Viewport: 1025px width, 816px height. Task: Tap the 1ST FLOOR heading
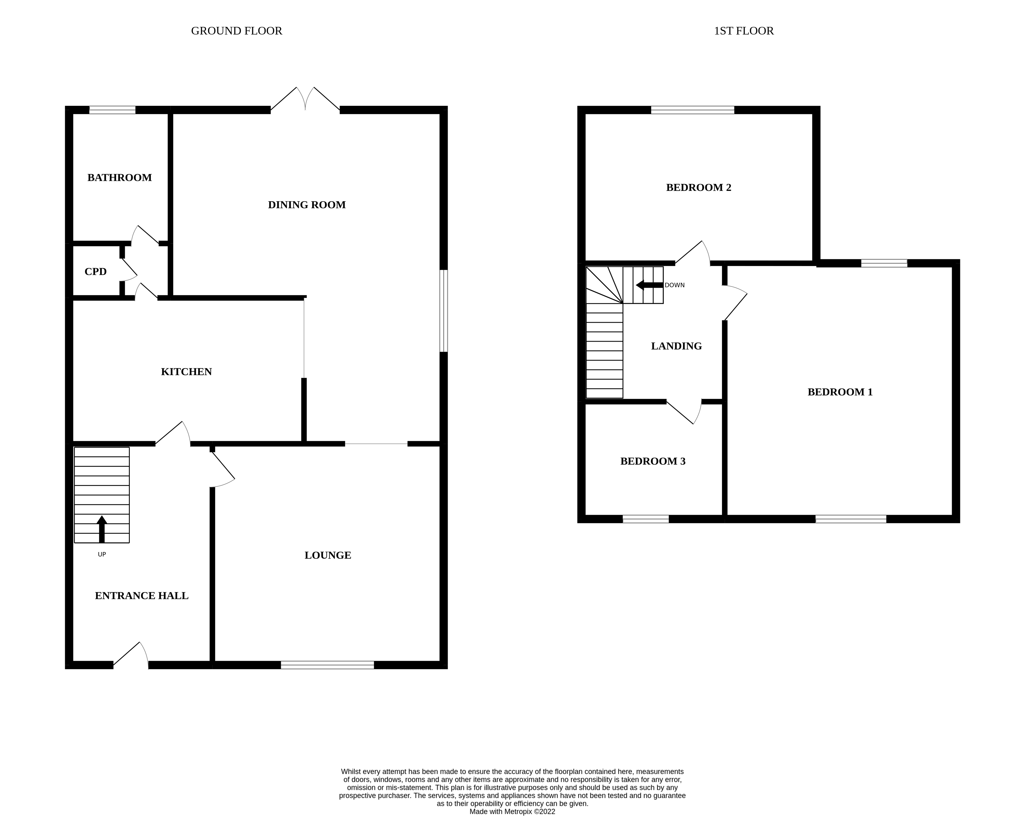point(744,31)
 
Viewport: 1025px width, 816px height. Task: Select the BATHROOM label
point(119,178)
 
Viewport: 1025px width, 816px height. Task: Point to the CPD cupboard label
point(96,272)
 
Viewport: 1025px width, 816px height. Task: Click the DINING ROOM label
point(307,205)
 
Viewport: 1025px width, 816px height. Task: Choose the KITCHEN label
point(186,372)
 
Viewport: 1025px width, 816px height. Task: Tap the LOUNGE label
point(328,555)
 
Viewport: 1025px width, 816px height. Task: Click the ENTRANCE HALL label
point(142,596)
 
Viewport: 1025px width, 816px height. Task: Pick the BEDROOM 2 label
point(699,188)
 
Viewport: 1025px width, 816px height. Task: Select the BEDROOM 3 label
point(653,461)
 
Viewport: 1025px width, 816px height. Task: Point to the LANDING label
point(676,346)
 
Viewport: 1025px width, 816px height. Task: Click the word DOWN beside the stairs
point(675,285)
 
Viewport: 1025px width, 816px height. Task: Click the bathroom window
point(112,110)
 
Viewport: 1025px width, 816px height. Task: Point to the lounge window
point(327,665)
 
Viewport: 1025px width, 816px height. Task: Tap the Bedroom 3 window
point(646,519)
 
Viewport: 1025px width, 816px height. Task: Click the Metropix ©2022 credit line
point(512,812)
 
